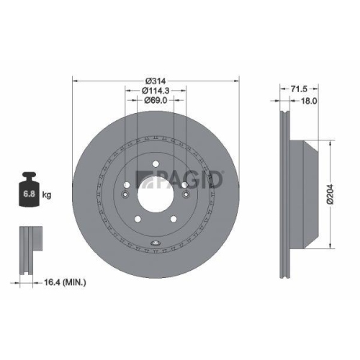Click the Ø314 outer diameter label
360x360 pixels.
pyautogui.click(x=156, y=78)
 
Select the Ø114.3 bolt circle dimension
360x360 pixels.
pyautogui.click(x=156, y=90)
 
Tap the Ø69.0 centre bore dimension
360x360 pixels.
pyautogui.click(x=156, y=101)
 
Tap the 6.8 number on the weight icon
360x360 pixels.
pyautogui.click(x=30, y=194)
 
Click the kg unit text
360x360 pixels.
pyautogui.click(x=47, y=194)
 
